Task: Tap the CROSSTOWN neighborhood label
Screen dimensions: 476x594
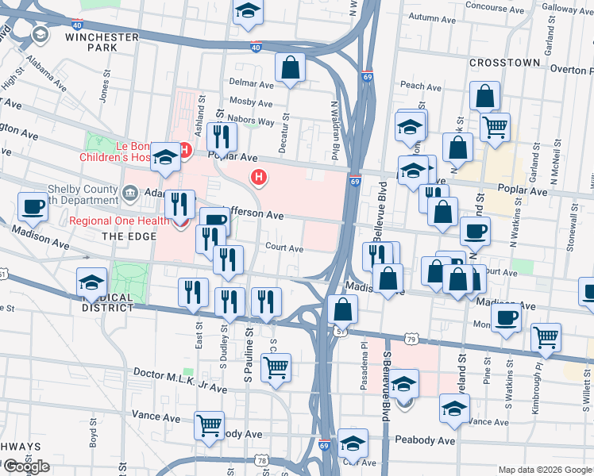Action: coord(504,62)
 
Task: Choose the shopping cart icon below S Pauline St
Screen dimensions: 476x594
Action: coord(276,367)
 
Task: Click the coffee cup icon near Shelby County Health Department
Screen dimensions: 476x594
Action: coord(33,206)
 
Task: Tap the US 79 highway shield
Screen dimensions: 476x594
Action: coord(411,340)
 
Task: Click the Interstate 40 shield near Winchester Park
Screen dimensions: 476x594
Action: coord(256,47)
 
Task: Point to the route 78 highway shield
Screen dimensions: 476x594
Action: coord(263,460)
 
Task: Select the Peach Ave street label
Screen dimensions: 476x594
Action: coord(415,85)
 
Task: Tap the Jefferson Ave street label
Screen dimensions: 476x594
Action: coord(255,214)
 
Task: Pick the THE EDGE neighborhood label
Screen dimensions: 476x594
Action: coord(121,236)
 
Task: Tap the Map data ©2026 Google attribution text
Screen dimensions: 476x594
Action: coord(544,470)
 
